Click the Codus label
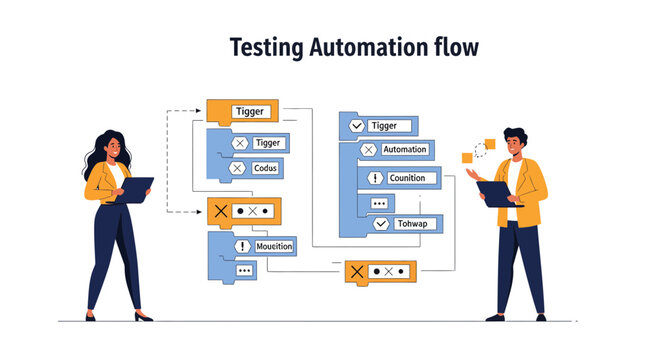266,168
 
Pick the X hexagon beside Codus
238,168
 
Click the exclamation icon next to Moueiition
241,245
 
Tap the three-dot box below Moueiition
244,270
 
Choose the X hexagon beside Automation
368,150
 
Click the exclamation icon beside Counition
376,178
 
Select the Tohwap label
411,224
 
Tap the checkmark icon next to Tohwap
380,224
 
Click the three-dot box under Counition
378,202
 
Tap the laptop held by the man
496,192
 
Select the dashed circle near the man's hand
483,150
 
